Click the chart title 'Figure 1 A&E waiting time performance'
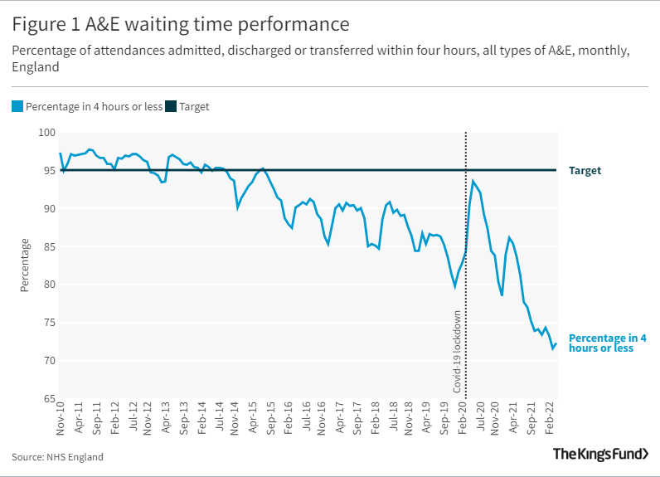(x=180, y=22)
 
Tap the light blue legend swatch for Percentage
(x=17, y=106)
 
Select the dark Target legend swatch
(x=171, y=106)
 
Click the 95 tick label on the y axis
(x=48, y=171)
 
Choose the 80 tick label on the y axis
(x=48, y=285)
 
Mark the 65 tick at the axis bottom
(x=48, y=399)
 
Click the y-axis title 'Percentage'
(x=24, y=265)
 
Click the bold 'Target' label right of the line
(x=585, y=171)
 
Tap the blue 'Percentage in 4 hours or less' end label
(x=607, y=343)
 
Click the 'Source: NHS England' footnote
(x=58, y=457)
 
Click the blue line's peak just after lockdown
(x=473, y=181)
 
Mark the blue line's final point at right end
(x=556, y=343)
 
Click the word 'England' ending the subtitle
(x=36, y=67)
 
